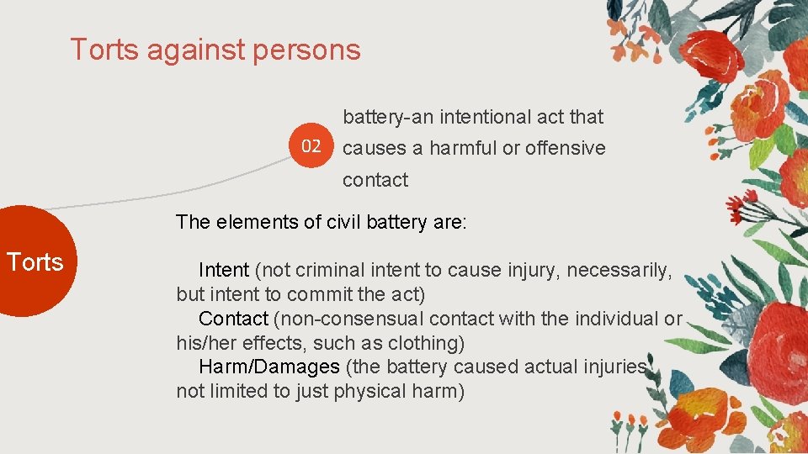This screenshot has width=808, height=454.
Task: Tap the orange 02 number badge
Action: [311, 146]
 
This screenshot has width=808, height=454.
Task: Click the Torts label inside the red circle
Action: [35, 262]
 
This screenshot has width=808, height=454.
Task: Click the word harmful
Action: [463, 148]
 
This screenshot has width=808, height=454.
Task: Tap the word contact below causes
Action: [375, 180]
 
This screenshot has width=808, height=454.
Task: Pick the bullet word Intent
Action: [223, 270]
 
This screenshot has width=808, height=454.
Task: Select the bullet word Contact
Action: [233, 319]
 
